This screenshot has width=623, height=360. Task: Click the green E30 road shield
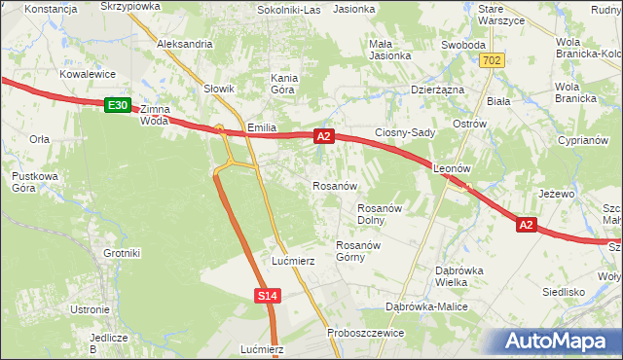click(117, 104)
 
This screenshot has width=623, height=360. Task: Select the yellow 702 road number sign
click(492, 60)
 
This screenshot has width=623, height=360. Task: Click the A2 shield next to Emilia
click(325, 138)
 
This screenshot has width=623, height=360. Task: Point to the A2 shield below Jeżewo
click(526, 225)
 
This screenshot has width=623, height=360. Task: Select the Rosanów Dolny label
click(380, 213)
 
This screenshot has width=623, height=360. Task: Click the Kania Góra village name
click(283, 84)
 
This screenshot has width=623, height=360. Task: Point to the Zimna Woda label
click(161, 115)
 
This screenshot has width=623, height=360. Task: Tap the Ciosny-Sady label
click(405, 132)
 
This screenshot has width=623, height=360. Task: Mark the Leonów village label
click(452, 166)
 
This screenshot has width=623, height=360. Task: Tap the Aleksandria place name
click(184, 44)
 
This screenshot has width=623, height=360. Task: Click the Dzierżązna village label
click(432, 90)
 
